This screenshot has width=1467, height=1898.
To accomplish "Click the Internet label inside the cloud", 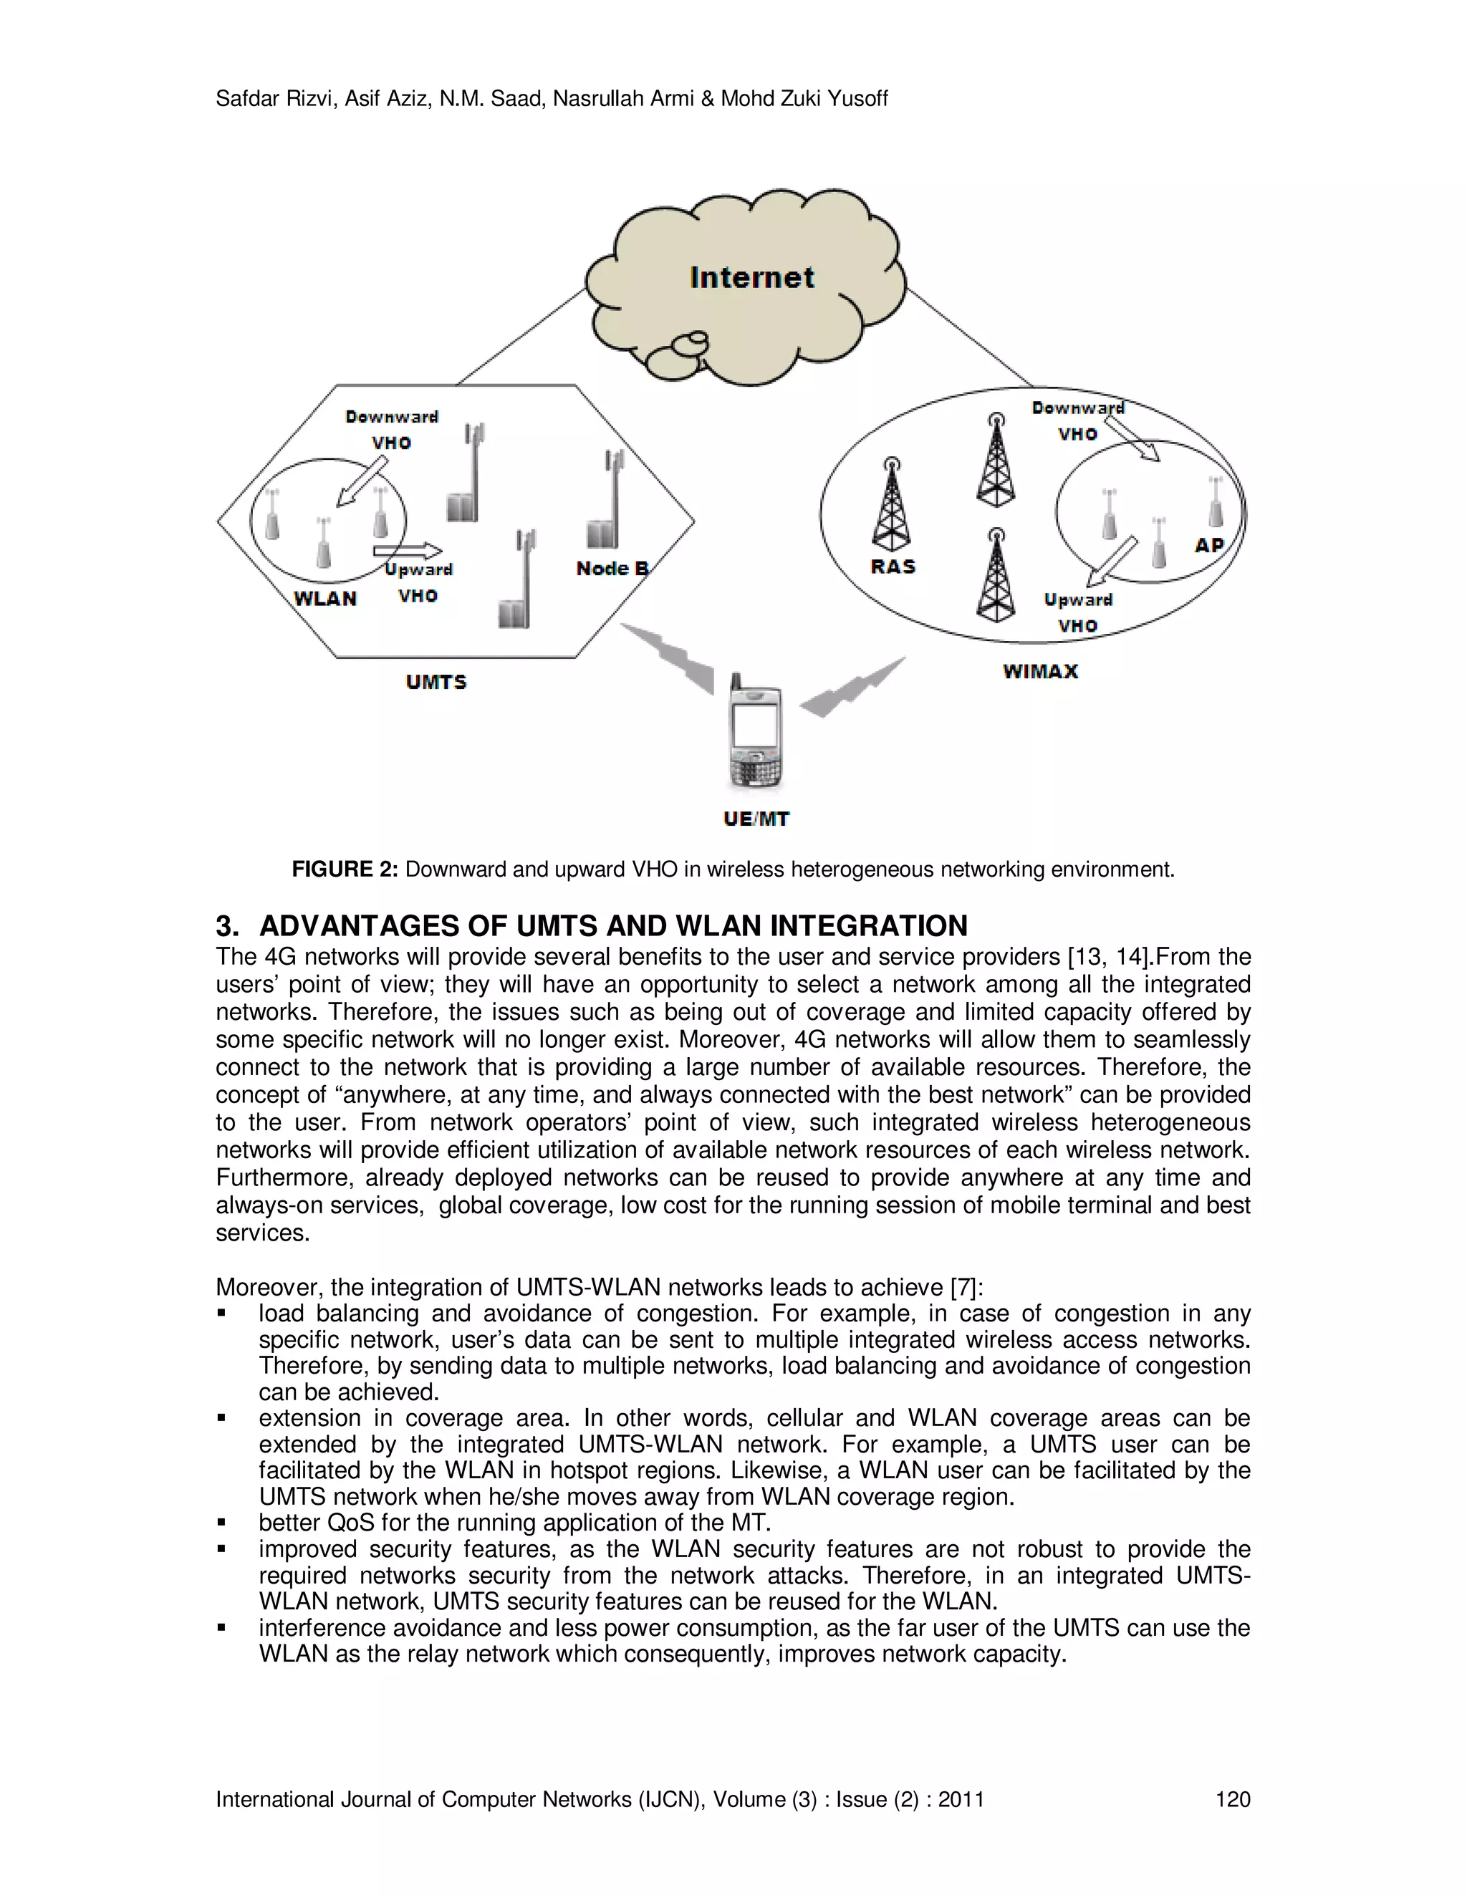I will click(751, 278).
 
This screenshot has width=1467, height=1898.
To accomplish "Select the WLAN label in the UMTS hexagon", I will click(325, 599).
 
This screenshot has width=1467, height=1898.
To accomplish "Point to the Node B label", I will click(612, 569).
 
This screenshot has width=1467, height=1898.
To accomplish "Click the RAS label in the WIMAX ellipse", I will click(893, 567).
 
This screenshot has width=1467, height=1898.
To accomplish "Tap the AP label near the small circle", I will click(1209, 546).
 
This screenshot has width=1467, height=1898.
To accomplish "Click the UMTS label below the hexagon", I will click(436, 682).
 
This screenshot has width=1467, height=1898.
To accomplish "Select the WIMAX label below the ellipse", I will click(1040, 672).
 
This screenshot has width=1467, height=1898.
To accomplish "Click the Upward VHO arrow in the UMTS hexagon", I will click(407, 551).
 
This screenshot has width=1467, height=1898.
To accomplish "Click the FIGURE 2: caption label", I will click(344, 869).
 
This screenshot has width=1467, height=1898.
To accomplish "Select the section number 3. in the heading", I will click(227, 925).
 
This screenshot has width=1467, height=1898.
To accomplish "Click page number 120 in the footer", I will click(1232, 1799).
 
